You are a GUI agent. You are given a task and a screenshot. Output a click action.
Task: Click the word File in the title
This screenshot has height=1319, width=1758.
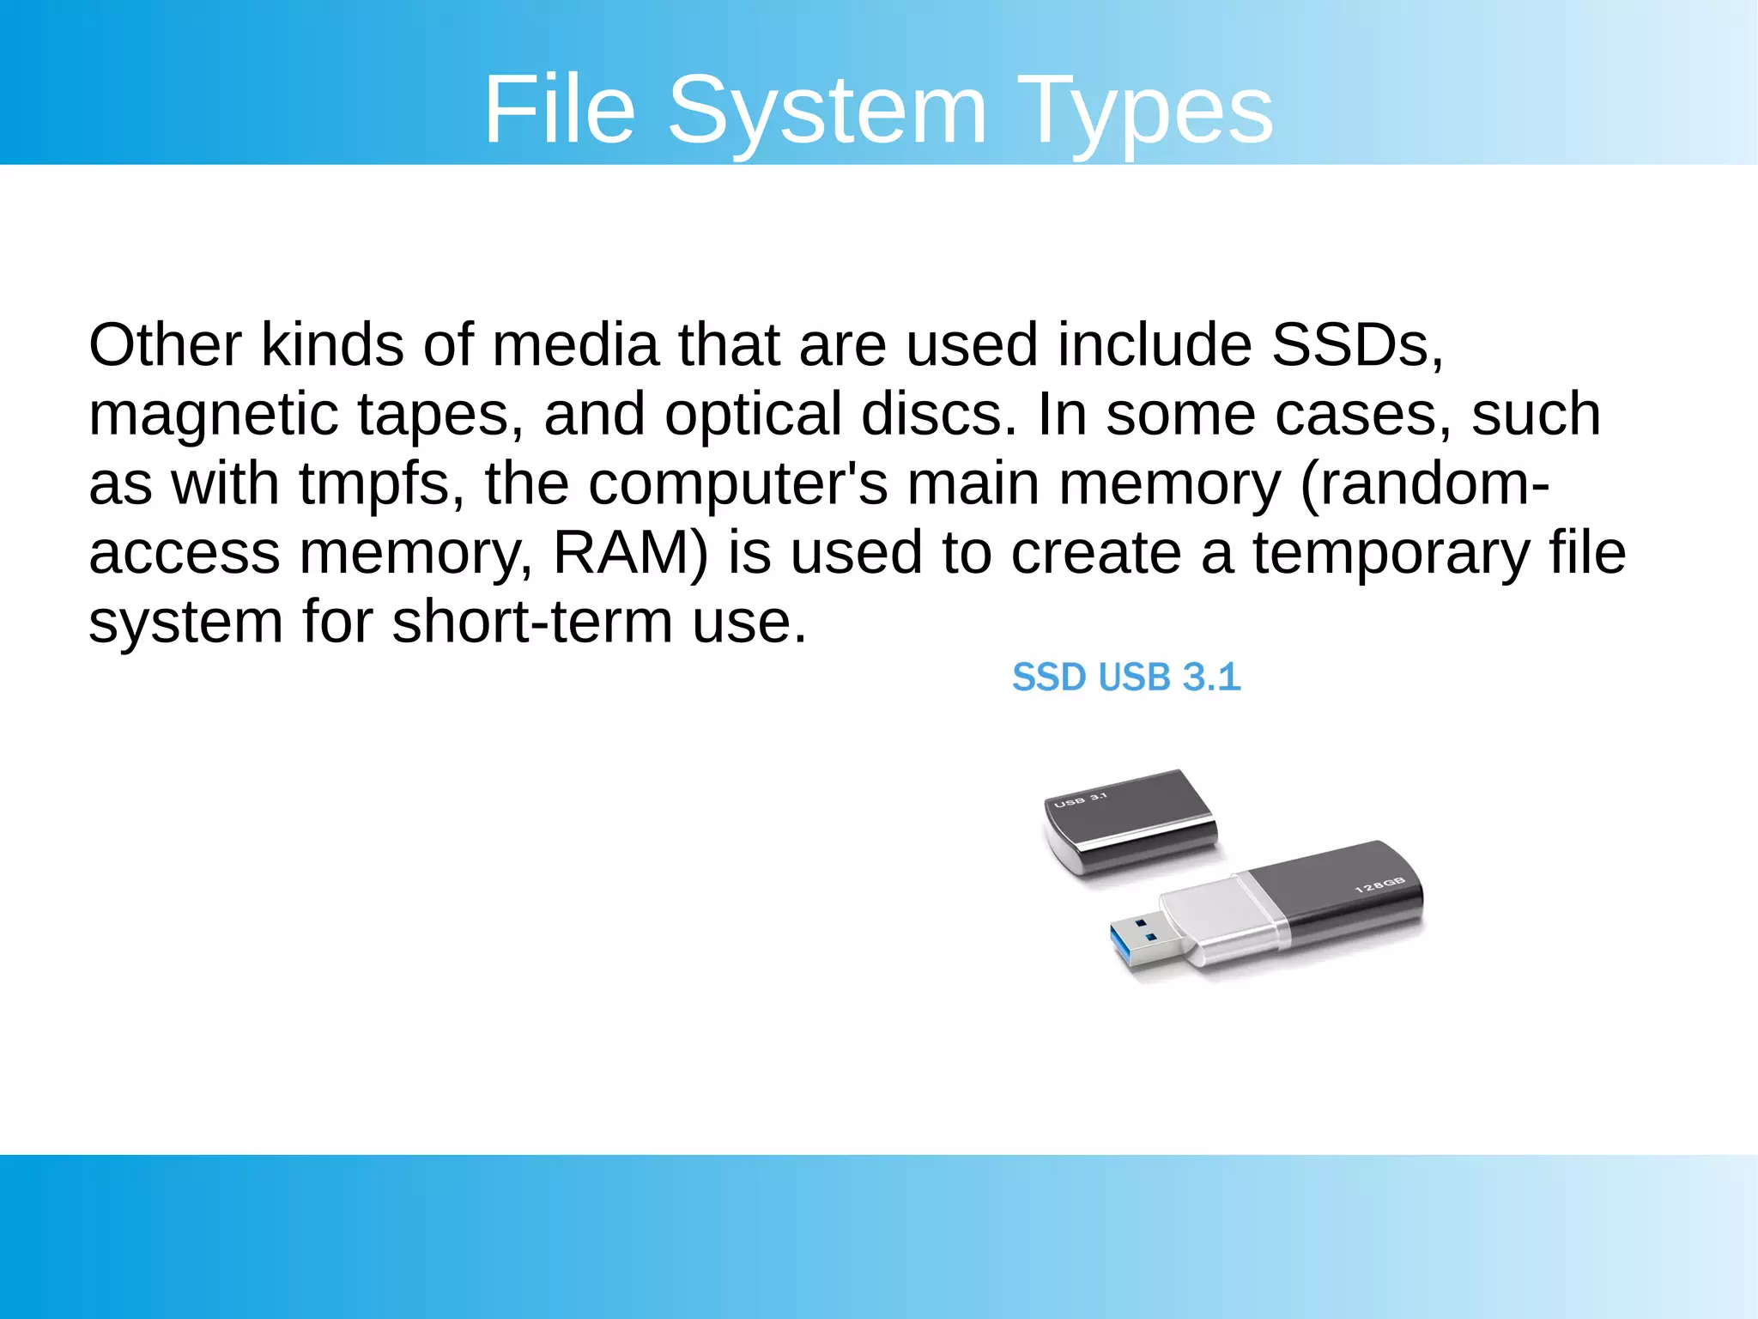click(560, 110)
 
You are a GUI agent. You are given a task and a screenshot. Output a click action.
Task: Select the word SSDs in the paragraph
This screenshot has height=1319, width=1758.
click(1356, 345)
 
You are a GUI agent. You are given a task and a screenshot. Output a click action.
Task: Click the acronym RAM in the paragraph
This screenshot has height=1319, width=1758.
click(629, 553)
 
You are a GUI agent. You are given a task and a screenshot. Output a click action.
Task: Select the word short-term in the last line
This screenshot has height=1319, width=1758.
click(532, 622)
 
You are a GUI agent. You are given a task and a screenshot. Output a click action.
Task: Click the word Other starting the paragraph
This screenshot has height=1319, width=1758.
click(165, 345)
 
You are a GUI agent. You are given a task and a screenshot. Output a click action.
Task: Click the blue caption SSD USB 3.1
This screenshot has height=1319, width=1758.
click(1125, 678)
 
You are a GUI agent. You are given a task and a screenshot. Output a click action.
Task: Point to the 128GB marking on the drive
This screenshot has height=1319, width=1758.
click(1379, 885)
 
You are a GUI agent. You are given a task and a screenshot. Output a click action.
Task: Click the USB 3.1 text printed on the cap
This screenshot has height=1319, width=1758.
click(1080, 800)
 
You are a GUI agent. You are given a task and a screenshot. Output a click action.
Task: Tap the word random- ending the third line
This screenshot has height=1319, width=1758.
click(1425, 484)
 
